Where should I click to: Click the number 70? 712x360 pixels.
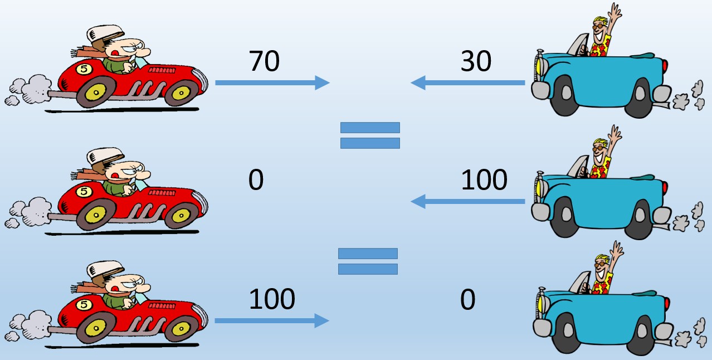click(x=264, y=61)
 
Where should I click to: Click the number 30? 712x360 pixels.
click(x=476, y=61)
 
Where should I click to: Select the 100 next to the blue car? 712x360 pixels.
click(x=484, y=179)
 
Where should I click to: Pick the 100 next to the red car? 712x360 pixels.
click(x=272, y=299)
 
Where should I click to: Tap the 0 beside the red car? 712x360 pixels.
click(x=256, y=179)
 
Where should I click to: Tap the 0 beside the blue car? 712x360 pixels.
click(x=467, y=299)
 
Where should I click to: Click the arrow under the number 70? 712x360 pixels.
click(x=272, y=82)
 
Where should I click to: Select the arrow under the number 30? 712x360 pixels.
click(x=467, y=82)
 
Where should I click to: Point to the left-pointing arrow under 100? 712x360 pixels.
click(x=467, y=201)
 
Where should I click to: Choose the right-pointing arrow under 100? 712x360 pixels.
click(x=272, y=320)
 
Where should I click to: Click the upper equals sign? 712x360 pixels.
click(x=370, y=135)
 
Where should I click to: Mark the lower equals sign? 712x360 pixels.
click(x=368, y=261)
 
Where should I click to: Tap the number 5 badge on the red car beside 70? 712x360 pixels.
click(x=84, y=69)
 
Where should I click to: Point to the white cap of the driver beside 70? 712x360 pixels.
click(x=105, y=33)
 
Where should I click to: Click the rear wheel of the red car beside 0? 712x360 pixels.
click(x=96, y=215)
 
